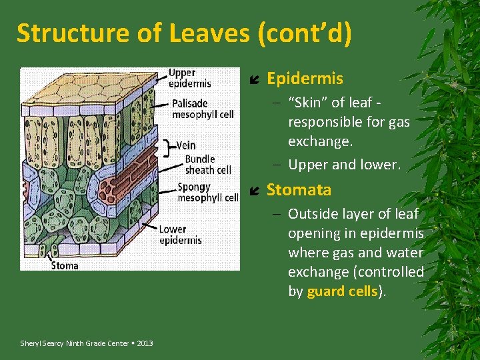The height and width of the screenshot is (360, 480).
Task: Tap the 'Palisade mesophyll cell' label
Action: pos(203,109)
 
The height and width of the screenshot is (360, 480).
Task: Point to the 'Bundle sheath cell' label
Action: pos(208,164)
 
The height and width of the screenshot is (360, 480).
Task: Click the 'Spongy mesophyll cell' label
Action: pos(207,192)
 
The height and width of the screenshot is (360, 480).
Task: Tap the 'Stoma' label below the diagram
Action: pos(65,265)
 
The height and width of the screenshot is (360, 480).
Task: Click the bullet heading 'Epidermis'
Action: pos(305,79)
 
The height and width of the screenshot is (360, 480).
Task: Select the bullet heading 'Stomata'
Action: pos(299,190)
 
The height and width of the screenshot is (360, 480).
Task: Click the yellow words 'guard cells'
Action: pos(342,291)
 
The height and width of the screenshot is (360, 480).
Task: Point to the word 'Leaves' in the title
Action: pos(175,33)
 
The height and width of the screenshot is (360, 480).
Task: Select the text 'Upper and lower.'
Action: pos(344,165)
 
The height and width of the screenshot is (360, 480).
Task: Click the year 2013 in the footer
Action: pos(145,343)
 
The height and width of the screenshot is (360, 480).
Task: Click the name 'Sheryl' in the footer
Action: pos(31,343)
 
